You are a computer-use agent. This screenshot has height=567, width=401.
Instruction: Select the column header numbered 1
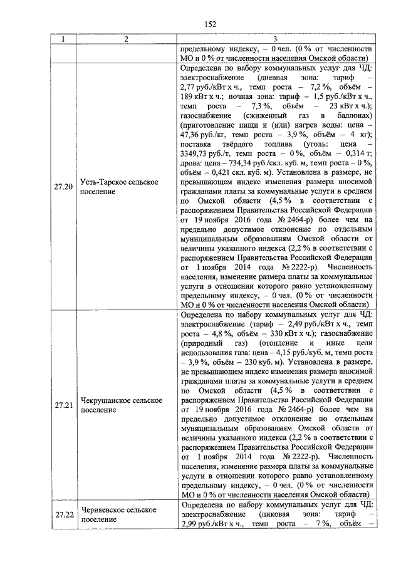pos(63,39)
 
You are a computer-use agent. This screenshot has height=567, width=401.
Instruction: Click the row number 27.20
pos(63,187)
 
